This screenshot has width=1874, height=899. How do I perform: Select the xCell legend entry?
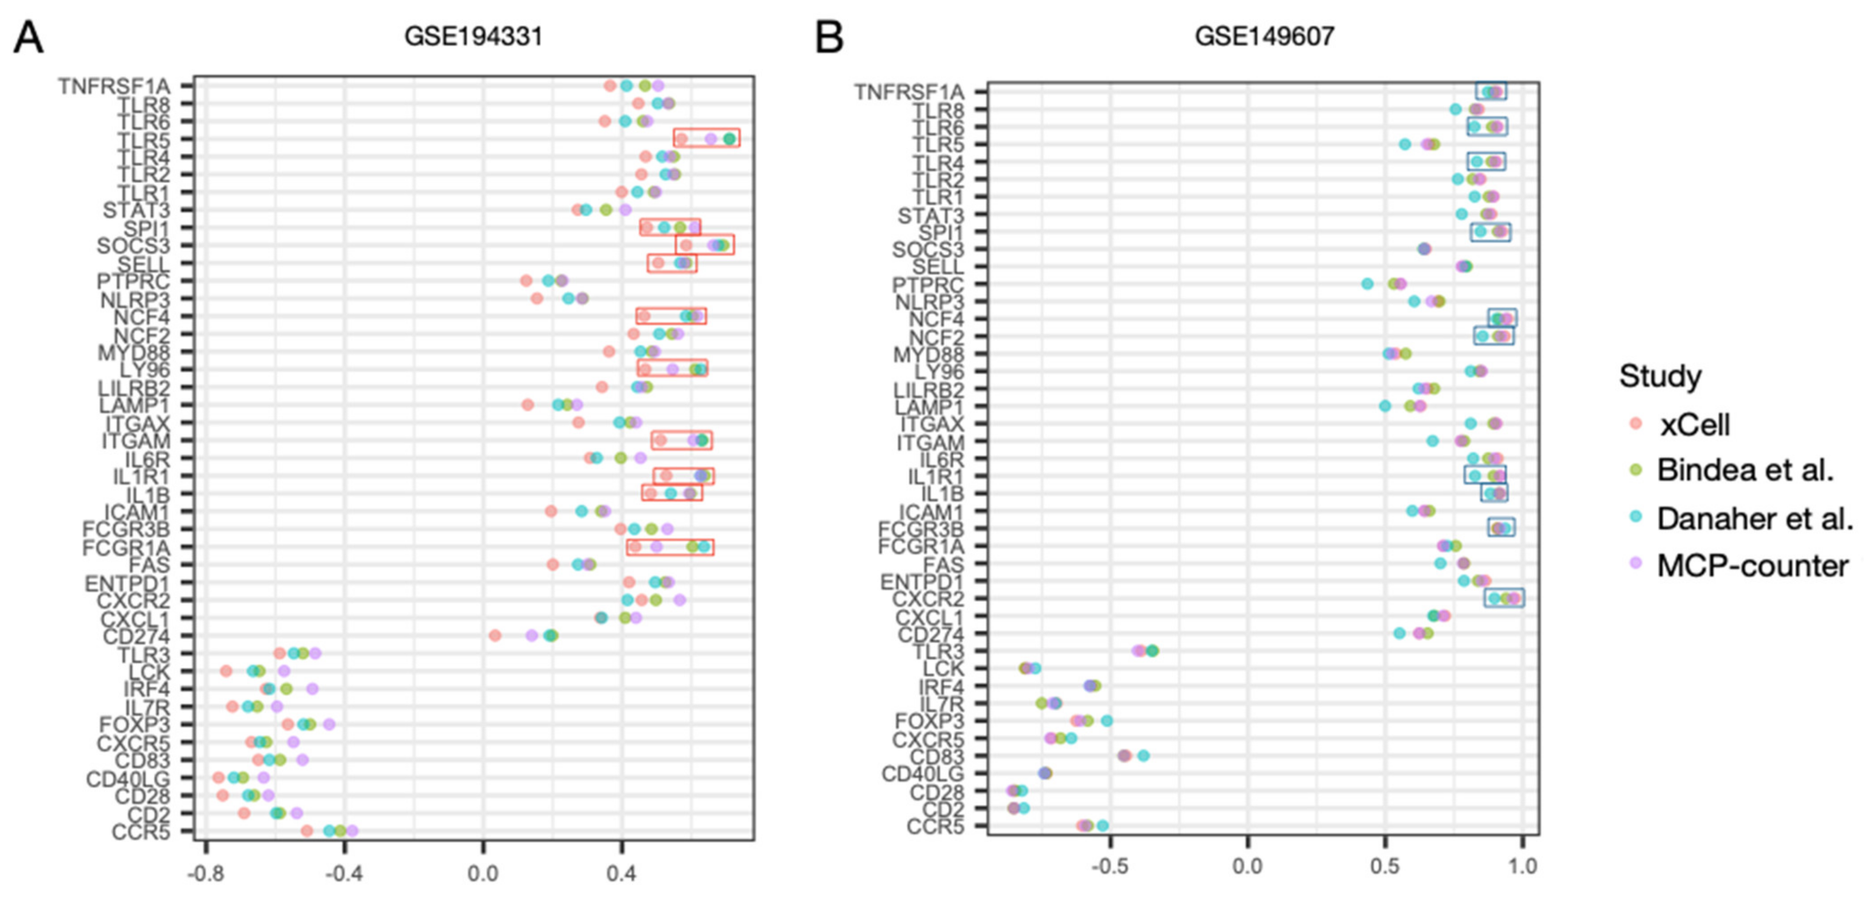click(1694, 425)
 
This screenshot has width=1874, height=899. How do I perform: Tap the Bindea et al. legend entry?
click(1745, 471)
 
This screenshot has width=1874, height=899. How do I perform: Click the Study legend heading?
click(1660, 376)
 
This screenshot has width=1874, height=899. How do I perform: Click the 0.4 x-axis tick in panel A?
click(621, 872)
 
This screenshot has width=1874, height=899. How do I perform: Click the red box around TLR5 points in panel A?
click(706, 138)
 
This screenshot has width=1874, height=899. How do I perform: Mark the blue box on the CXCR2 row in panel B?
click(1504, 598)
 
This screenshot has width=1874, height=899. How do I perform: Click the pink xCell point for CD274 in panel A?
click(495, 636)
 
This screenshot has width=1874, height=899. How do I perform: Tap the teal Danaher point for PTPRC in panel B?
click(1367, 284)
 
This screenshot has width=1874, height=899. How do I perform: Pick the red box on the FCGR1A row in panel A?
click(670, 547)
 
